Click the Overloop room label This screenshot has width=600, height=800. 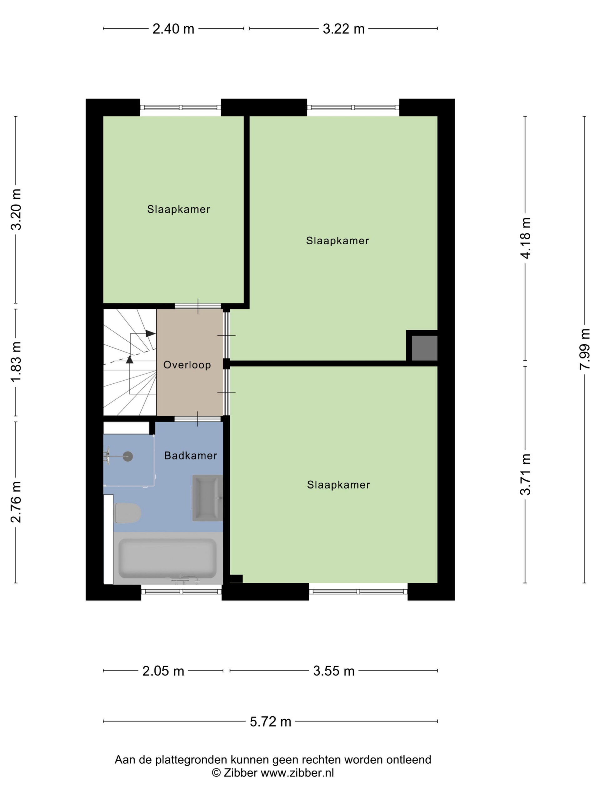pos(187,365)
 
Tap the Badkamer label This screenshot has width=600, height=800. pos(191,455)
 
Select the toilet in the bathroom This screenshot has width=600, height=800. pos(127,513)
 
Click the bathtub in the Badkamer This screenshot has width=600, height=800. pos(168,558)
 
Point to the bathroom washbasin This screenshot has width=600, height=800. pos(207,498)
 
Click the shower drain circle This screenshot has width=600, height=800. pos(128,457)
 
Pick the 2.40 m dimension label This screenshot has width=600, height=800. pos(173,29)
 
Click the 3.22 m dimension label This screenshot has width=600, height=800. pos(343,29)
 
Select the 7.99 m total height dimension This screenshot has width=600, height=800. pos(584,349)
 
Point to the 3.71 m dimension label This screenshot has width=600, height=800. pos(525,474)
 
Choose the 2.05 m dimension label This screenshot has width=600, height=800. pos(163,671)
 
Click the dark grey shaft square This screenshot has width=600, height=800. pos(425,348)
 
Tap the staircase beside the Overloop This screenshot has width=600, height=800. pos(130,362)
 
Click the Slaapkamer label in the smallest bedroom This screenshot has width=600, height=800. pos(179,209)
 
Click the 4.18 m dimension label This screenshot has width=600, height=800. pos(525,238)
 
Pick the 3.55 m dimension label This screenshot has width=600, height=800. pos(334,671)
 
